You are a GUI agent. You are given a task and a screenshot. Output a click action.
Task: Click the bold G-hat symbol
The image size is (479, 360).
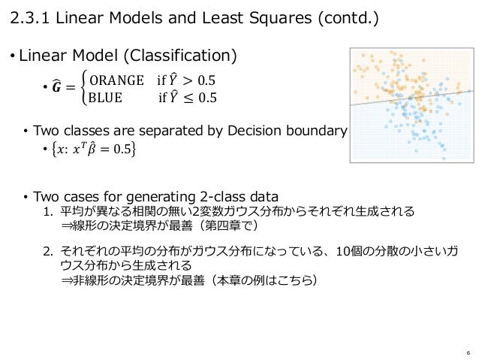pyautogui.click(x=57, y=88)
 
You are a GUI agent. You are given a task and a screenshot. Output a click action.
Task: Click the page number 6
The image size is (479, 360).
pyautogui.click(x=468, y=352)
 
